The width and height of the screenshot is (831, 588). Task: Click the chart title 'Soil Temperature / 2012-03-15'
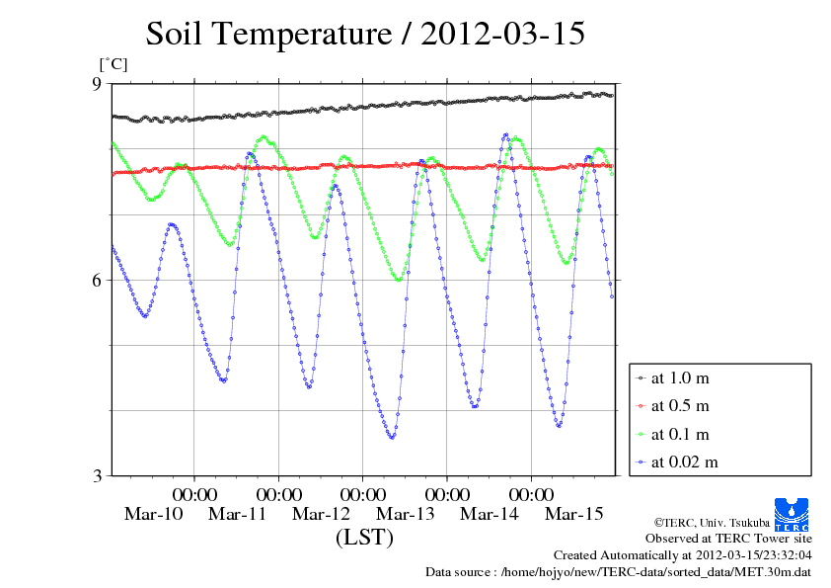365,34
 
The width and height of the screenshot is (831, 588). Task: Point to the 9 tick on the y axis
97,84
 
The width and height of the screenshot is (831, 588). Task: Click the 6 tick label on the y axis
97,280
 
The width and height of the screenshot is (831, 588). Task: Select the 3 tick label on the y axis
97,475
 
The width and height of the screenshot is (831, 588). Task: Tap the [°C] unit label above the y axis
113,64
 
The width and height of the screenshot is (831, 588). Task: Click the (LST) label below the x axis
364,539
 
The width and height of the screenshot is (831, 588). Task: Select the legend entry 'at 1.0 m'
679,378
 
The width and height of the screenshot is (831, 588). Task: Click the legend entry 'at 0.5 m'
679,405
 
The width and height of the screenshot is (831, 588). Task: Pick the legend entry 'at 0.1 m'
679,434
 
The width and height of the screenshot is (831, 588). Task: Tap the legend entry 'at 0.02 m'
683,462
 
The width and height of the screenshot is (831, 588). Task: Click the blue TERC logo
793,514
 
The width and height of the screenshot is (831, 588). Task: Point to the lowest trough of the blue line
392,437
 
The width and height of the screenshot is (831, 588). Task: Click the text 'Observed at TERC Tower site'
728,539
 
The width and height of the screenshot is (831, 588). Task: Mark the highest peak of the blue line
506,134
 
